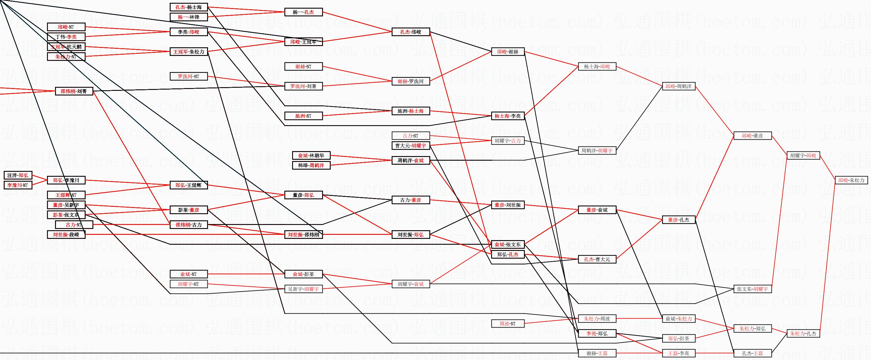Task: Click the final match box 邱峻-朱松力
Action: [x=851, y=180]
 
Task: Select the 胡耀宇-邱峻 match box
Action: [x=803, y=155]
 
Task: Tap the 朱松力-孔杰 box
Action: [x=803, y=333]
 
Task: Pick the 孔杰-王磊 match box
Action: [x=752, y=353]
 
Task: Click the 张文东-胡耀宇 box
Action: [x=752, y=289]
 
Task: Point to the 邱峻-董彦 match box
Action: [x=752, y=136]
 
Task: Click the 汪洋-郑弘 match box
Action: [x=18, y=176]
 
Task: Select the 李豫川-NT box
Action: [x=18, y=185]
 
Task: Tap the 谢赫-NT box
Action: [x=303, y=66]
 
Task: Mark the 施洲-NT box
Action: [x=303, y=116]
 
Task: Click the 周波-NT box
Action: [x=508, y=324]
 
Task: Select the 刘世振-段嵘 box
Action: [x=66, y=234]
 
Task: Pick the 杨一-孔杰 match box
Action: [x=303, y=12]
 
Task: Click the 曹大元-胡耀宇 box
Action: [x=411, y=146]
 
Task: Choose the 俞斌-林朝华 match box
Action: [x=311, y=155]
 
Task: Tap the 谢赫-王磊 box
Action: [x=597, y=353]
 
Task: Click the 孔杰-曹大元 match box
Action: [x=597, y=259]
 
